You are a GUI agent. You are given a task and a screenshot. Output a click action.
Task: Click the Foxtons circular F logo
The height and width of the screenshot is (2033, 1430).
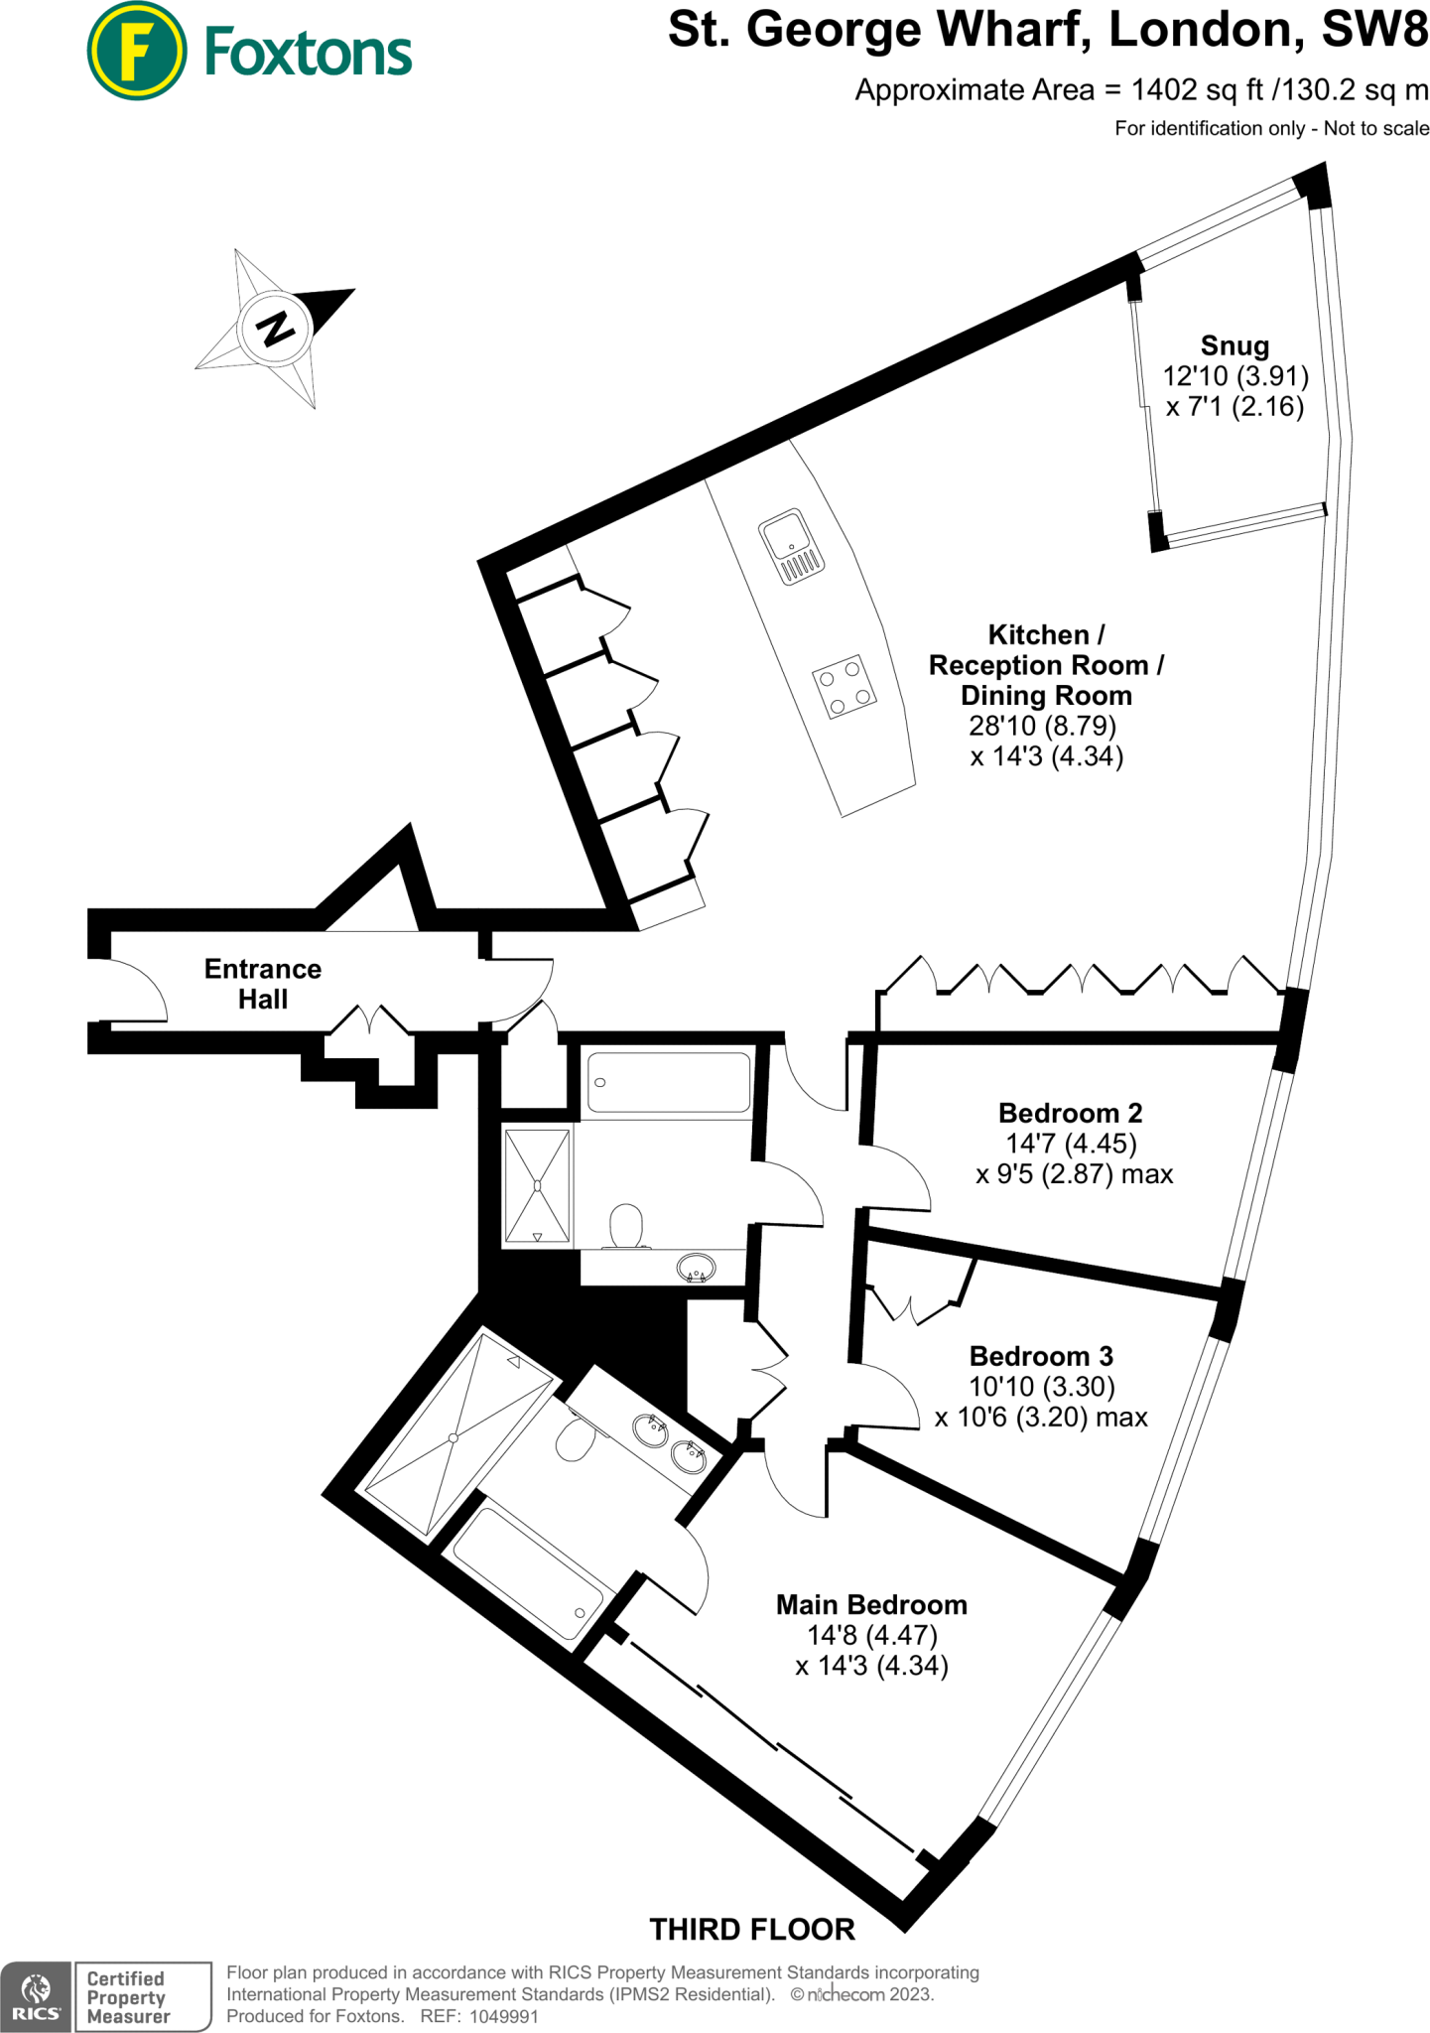pos(137,51)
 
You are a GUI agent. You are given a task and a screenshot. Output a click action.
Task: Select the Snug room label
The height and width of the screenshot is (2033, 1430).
pos(1235,345)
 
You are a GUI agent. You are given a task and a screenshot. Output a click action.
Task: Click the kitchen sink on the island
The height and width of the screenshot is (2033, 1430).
pos(791,547)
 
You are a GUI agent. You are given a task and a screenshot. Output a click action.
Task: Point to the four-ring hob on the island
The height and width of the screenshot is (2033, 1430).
pos(845,686)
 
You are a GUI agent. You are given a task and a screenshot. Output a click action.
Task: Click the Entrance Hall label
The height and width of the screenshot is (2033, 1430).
pos(263,984)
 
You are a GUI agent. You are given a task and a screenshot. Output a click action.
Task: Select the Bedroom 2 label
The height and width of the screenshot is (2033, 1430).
pos(1070,1112)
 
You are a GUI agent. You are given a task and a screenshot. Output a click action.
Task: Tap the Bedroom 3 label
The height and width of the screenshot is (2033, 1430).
pos(1041,1355)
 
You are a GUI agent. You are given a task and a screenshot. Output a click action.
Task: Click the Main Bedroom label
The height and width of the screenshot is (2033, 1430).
pos(871,1604)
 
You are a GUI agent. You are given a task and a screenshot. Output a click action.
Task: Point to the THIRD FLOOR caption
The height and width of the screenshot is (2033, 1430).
pos(751,1929)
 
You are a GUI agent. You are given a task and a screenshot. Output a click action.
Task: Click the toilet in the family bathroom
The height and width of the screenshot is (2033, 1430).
pos(625,1226)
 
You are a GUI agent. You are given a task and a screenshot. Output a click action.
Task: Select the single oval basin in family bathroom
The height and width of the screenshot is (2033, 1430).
pos(696,1268)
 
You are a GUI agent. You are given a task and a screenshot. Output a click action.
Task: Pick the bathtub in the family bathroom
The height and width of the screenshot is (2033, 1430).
pos(670,1082)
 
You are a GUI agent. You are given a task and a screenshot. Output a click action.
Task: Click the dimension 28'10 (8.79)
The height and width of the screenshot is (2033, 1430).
pos(1042,726)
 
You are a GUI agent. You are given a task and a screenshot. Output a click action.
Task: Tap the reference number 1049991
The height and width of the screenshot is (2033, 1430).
pos(503,2016)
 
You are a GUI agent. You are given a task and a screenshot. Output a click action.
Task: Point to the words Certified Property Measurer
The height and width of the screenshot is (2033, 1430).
pos(128,1997)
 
